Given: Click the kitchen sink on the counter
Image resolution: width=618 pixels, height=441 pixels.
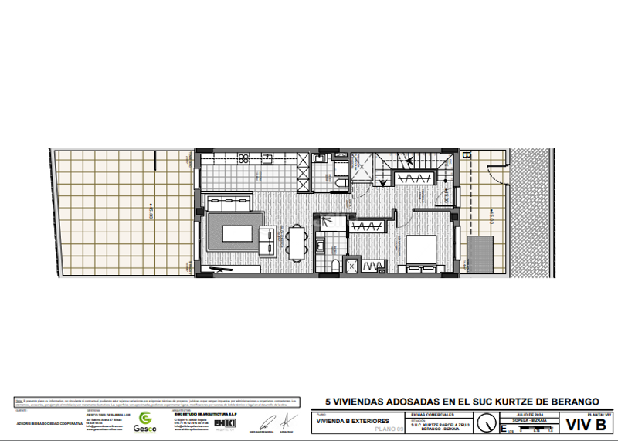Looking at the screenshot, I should coord(269,159).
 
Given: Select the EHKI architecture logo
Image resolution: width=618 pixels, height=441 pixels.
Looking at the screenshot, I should coord(225,423).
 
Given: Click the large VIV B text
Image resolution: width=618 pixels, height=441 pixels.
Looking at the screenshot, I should coord(586,425).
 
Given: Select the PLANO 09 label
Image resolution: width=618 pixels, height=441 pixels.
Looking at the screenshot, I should coord(388,429).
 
